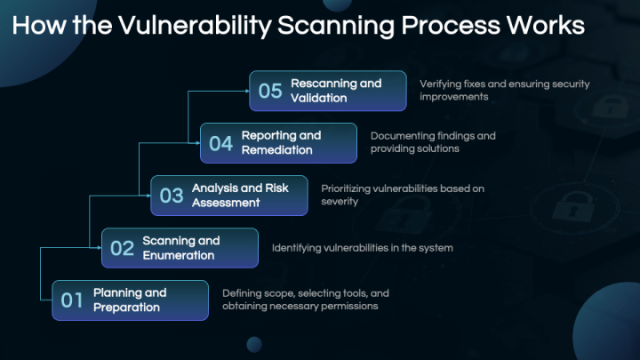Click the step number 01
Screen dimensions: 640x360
point(72,300)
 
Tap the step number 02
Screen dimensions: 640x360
point(122,248)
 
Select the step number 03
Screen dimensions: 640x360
point(172,196)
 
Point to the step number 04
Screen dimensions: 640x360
point(220,143)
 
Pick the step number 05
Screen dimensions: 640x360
point(270,91)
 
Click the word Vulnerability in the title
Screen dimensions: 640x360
point(195,26)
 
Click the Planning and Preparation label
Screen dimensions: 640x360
point(130,300)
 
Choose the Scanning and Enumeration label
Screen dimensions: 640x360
point(181,248)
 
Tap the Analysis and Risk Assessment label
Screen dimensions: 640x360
point(240,195)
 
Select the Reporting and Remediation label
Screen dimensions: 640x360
point(281,143)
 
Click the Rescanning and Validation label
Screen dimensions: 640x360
point(336,91)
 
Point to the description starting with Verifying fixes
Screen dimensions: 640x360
point(505,90)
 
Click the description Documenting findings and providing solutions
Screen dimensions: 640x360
point(433,142)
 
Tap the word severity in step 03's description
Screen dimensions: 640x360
point(340,201)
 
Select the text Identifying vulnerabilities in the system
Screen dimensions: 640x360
point(363,248)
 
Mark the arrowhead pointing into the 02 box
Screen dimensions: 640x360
point(100,248)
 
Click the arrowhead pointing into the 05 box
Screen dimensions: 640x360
point(247,91)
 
